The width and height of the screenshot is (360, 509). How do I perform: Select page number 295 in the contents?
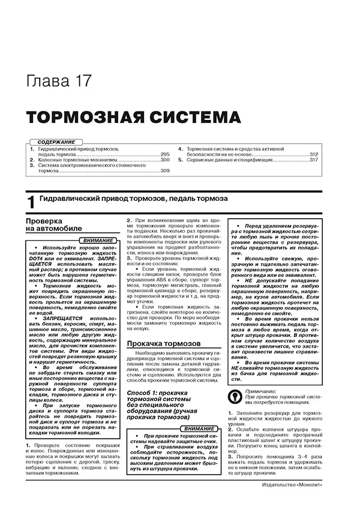pyautogui.click(x=166, y=155)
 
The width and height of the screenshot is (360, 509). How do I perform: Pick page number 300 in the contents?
pyautogui.click(x=166, y=161)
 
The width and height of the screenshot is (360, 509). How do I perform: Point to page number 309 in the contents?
pyautogui.click(x=166, y=172)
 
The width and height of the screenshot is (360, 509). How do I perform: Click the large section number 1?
pyautogui.click(x=31, y=203)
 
